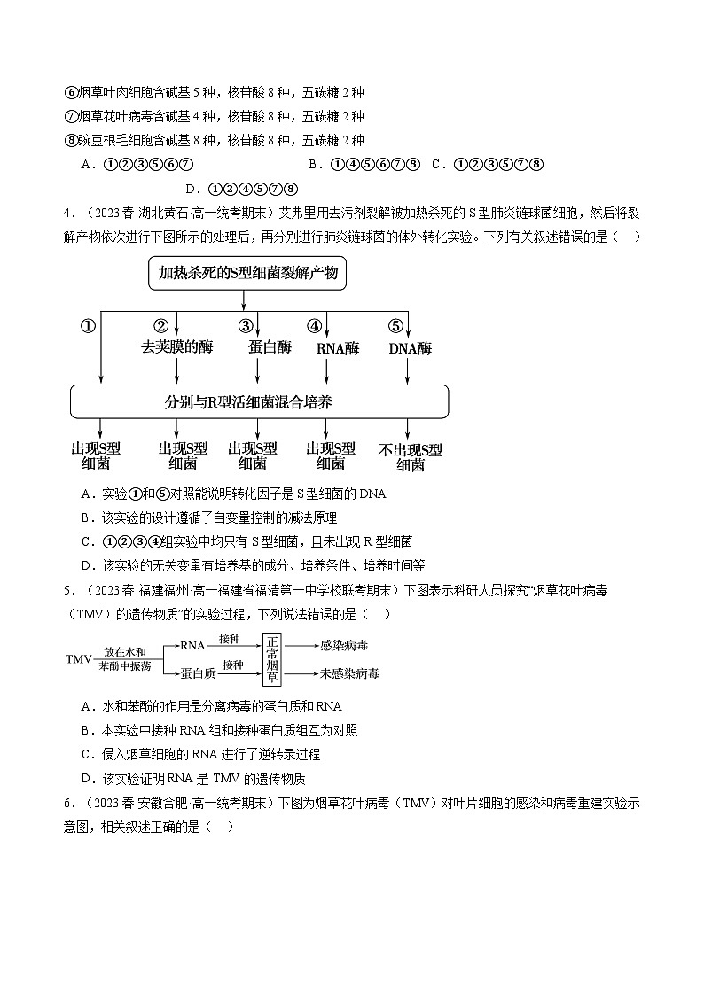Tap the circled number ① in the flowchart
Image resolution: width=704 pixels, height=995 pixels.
[88, 325]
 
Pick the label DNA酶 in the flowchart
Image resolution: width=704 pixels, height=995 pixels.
[410, 348]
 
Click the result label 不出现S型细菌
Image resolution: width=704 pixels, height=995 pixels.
[410, 456]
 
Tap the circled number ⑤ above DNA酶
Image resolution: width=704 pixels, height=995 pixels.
[395, 325]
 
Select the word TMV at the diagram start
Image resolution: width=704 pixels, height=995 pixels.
[80, 660]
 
